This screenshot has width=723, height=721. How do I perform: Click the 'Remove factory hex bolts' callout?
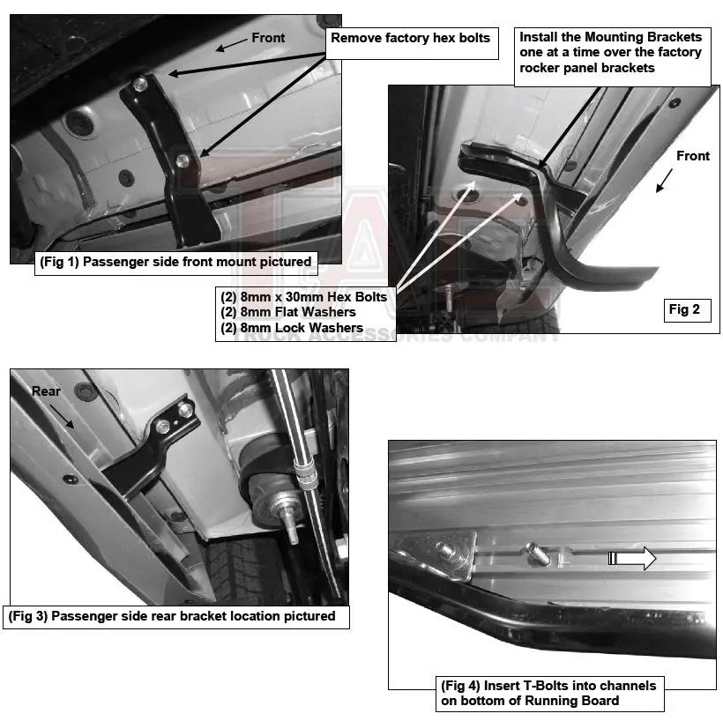(410, 39)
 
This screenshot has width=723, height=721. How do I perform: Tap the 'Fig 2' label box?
(684, 309)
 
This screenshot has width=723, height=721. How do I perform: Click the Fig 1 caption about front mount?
(175, 262)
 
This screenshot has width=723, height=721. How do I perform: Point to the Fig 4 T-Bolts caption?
(548, 693)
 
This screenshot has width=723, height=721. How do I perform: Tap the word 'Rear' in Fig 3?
(46, 390)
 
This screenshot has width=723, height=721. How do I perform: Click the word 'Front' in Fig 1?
(268, 38)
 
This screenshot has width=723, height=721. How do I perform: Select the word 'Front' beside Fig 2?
(692, 156)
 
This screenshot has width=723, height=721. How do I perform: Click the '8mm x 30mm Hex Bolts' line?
(304, 297)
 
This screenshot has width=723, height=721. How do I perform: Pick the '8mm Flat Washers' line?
(288, 312)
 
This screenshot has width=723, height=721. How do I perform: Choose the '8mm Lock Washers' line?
(292, 328)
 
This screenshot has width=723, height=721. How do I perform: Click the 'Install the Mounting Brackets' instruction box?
(611, 53)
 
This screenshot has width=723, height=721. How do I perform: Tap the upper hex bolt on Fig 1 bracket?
(141, 84)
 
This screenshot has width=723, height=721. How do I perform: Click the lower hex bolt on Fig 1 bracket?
(183, 160)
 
